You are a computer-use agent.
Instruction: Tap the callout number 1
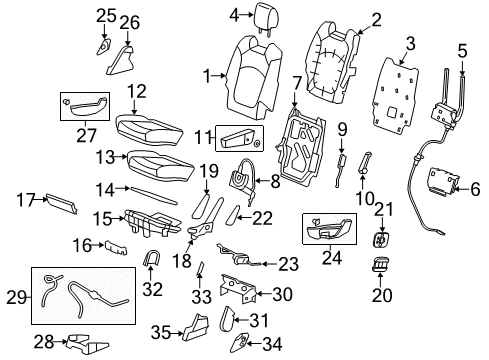(x=207, y=75)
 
